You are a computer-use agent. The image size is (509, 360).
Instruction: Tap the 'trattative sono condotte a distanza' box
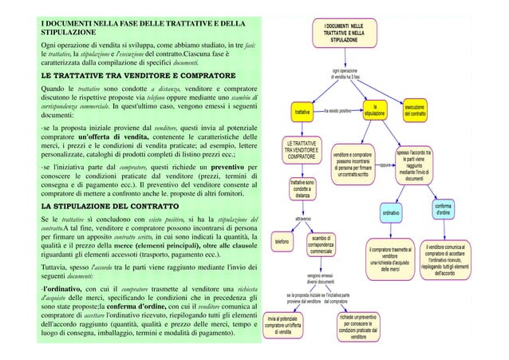[302, 188]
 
